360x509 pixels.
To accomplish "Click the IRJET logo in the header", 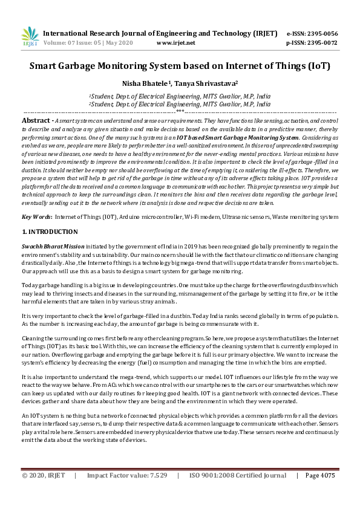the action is click(x=29, y=36).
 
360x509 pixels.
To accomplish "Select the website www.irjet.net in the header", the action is click(x=175, y=43).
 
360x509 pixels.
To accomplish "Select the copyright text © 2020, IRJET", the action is click(x=44, y=476).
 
